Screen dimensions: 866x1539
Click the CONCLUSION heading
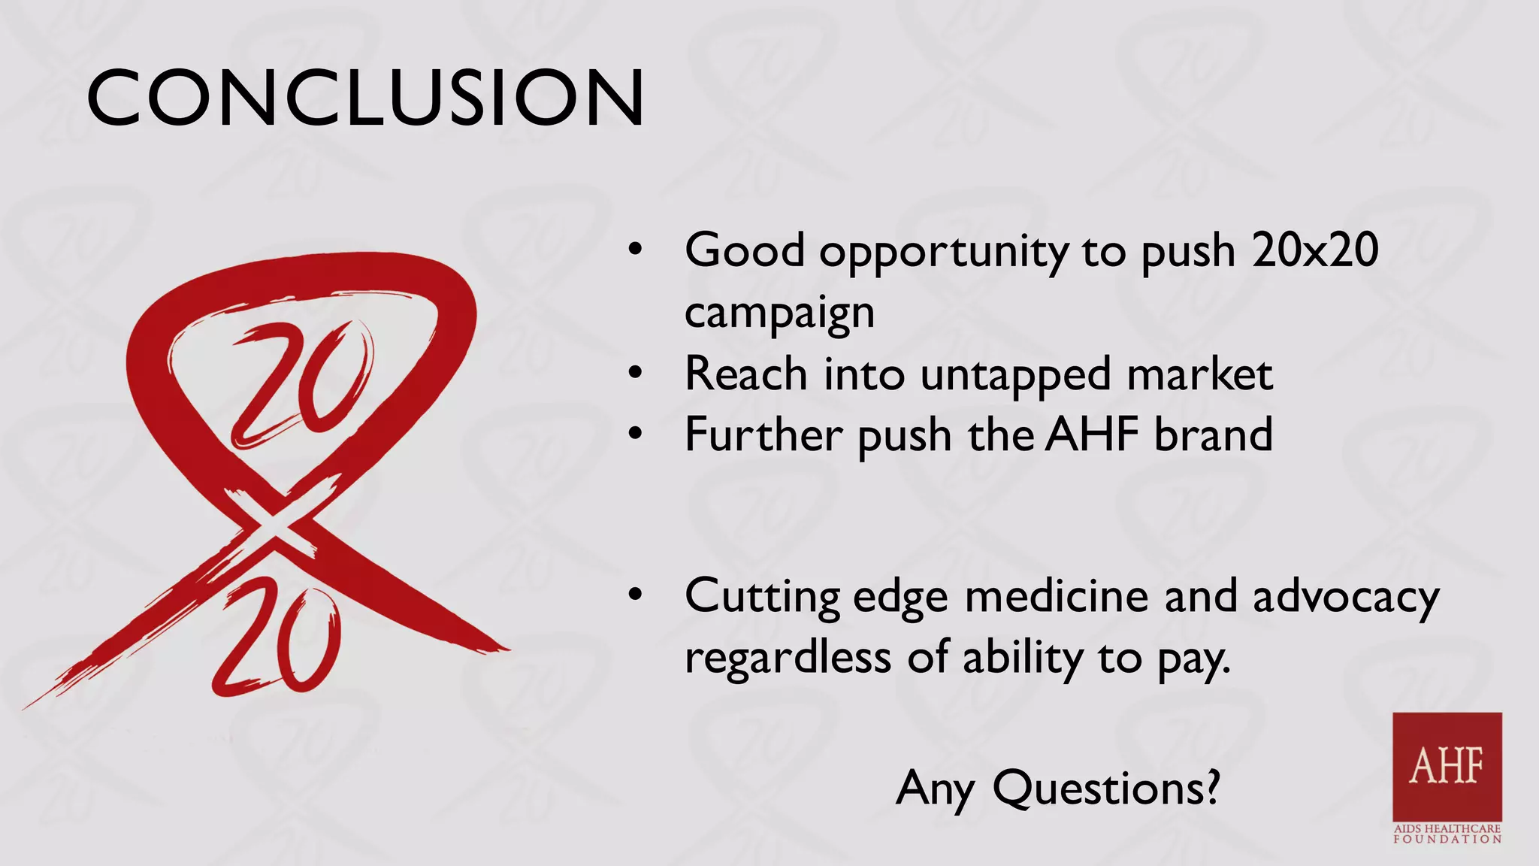tap(365, 98)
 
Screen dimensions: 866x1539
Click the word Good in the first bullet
tap(744, 250)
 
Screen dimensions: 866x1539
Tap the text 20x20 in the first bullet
tap(1315, 250)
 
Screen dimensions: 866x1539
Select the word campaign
tap(779, 313)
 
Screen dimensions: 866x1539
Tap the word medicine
tap(1056, 596)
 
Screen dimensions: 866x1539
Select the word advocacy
tap(1345, 598)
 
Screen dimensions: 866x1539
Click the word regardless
tap(787, 658)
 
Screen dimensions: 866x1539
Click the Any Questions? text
tap(1057, 788)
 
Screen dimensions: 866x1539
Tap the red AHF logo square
tap(1447, 766)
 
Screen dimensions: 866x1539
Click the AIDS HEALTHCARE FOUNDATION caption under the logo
tap(1447, 834)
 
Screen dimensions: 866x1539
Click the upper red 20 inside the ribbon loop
tap(301, 383)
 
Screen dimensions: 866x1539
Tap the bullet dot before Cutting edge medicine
tap(636, 595)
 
